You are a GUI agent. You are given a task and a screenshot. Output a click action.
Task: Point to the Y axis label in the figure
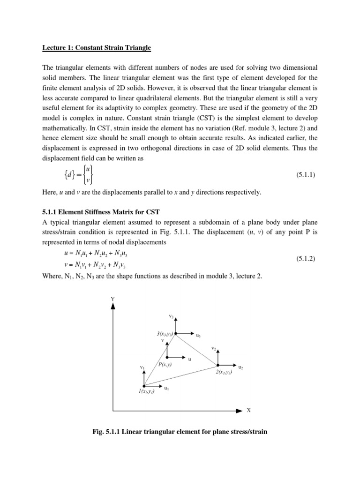click(112, 299)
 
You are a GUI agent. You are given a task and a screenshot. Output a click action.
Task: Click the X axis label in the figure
click(248, 410)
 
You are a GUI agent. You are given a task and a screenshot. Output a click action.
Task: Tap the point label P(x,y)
click(165, 364)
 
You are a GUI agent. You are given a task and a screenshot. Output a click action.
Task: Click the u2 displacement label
click(240, 367)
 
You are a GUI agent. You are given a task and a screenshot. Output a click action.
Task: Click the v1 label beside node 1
click(142, 368)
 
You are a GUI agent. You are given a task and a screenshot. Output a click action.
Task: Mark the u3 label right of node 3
click(198, 336)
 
